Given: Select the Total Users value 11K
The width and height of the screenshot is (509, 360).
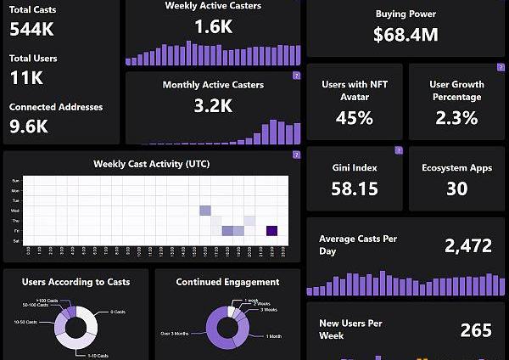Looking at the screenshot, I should (x=26, y=78).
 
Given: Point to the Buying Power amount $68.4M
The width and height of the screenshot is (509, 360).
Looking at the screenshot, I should (x=406, y=35).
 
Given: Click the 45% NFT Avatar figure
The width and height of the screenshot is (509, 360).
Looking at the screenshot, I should (x=354, y=118).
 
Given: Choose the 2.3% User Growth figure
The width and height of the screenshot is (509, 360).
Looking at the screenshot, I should (x=456, y=118).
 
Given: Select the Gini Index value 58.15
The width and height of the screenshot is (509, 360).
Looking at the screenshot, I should (x=354, y=188).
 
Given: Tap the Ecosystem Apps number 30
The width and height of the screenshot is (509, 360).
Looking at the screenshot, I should (x=456, y=188).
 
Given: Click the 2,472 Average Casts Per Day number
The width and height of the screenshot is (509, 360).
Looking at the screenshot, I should (x=467, y=246).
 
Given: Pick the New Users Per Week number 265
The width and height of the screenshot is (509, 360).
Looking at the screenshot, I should (x=476, y=329).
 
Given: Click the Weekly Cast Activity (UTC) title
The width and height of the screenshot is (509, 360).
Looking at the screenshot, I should (x=153, y=163).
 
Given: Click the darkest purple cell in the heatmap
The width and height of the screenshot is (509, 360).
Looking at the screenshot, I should (x=271, y=230).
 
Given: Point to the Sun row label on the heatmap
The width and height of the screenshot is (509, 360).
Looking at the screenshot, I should (x=15, y=181).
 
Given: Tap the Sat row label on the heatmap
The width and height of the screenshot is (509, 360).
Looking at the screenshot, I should (x=15, y=240).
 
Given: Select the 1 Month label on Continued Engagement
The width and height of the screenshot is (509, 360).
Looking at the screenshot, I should (x=274, y=336).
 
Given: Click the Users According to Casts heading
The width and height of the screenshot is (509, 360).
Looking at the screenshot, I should (x=76, y=282).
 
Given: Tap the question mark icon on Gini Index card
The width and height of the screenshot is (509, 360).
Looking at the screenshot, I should (x=398, y=151).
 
